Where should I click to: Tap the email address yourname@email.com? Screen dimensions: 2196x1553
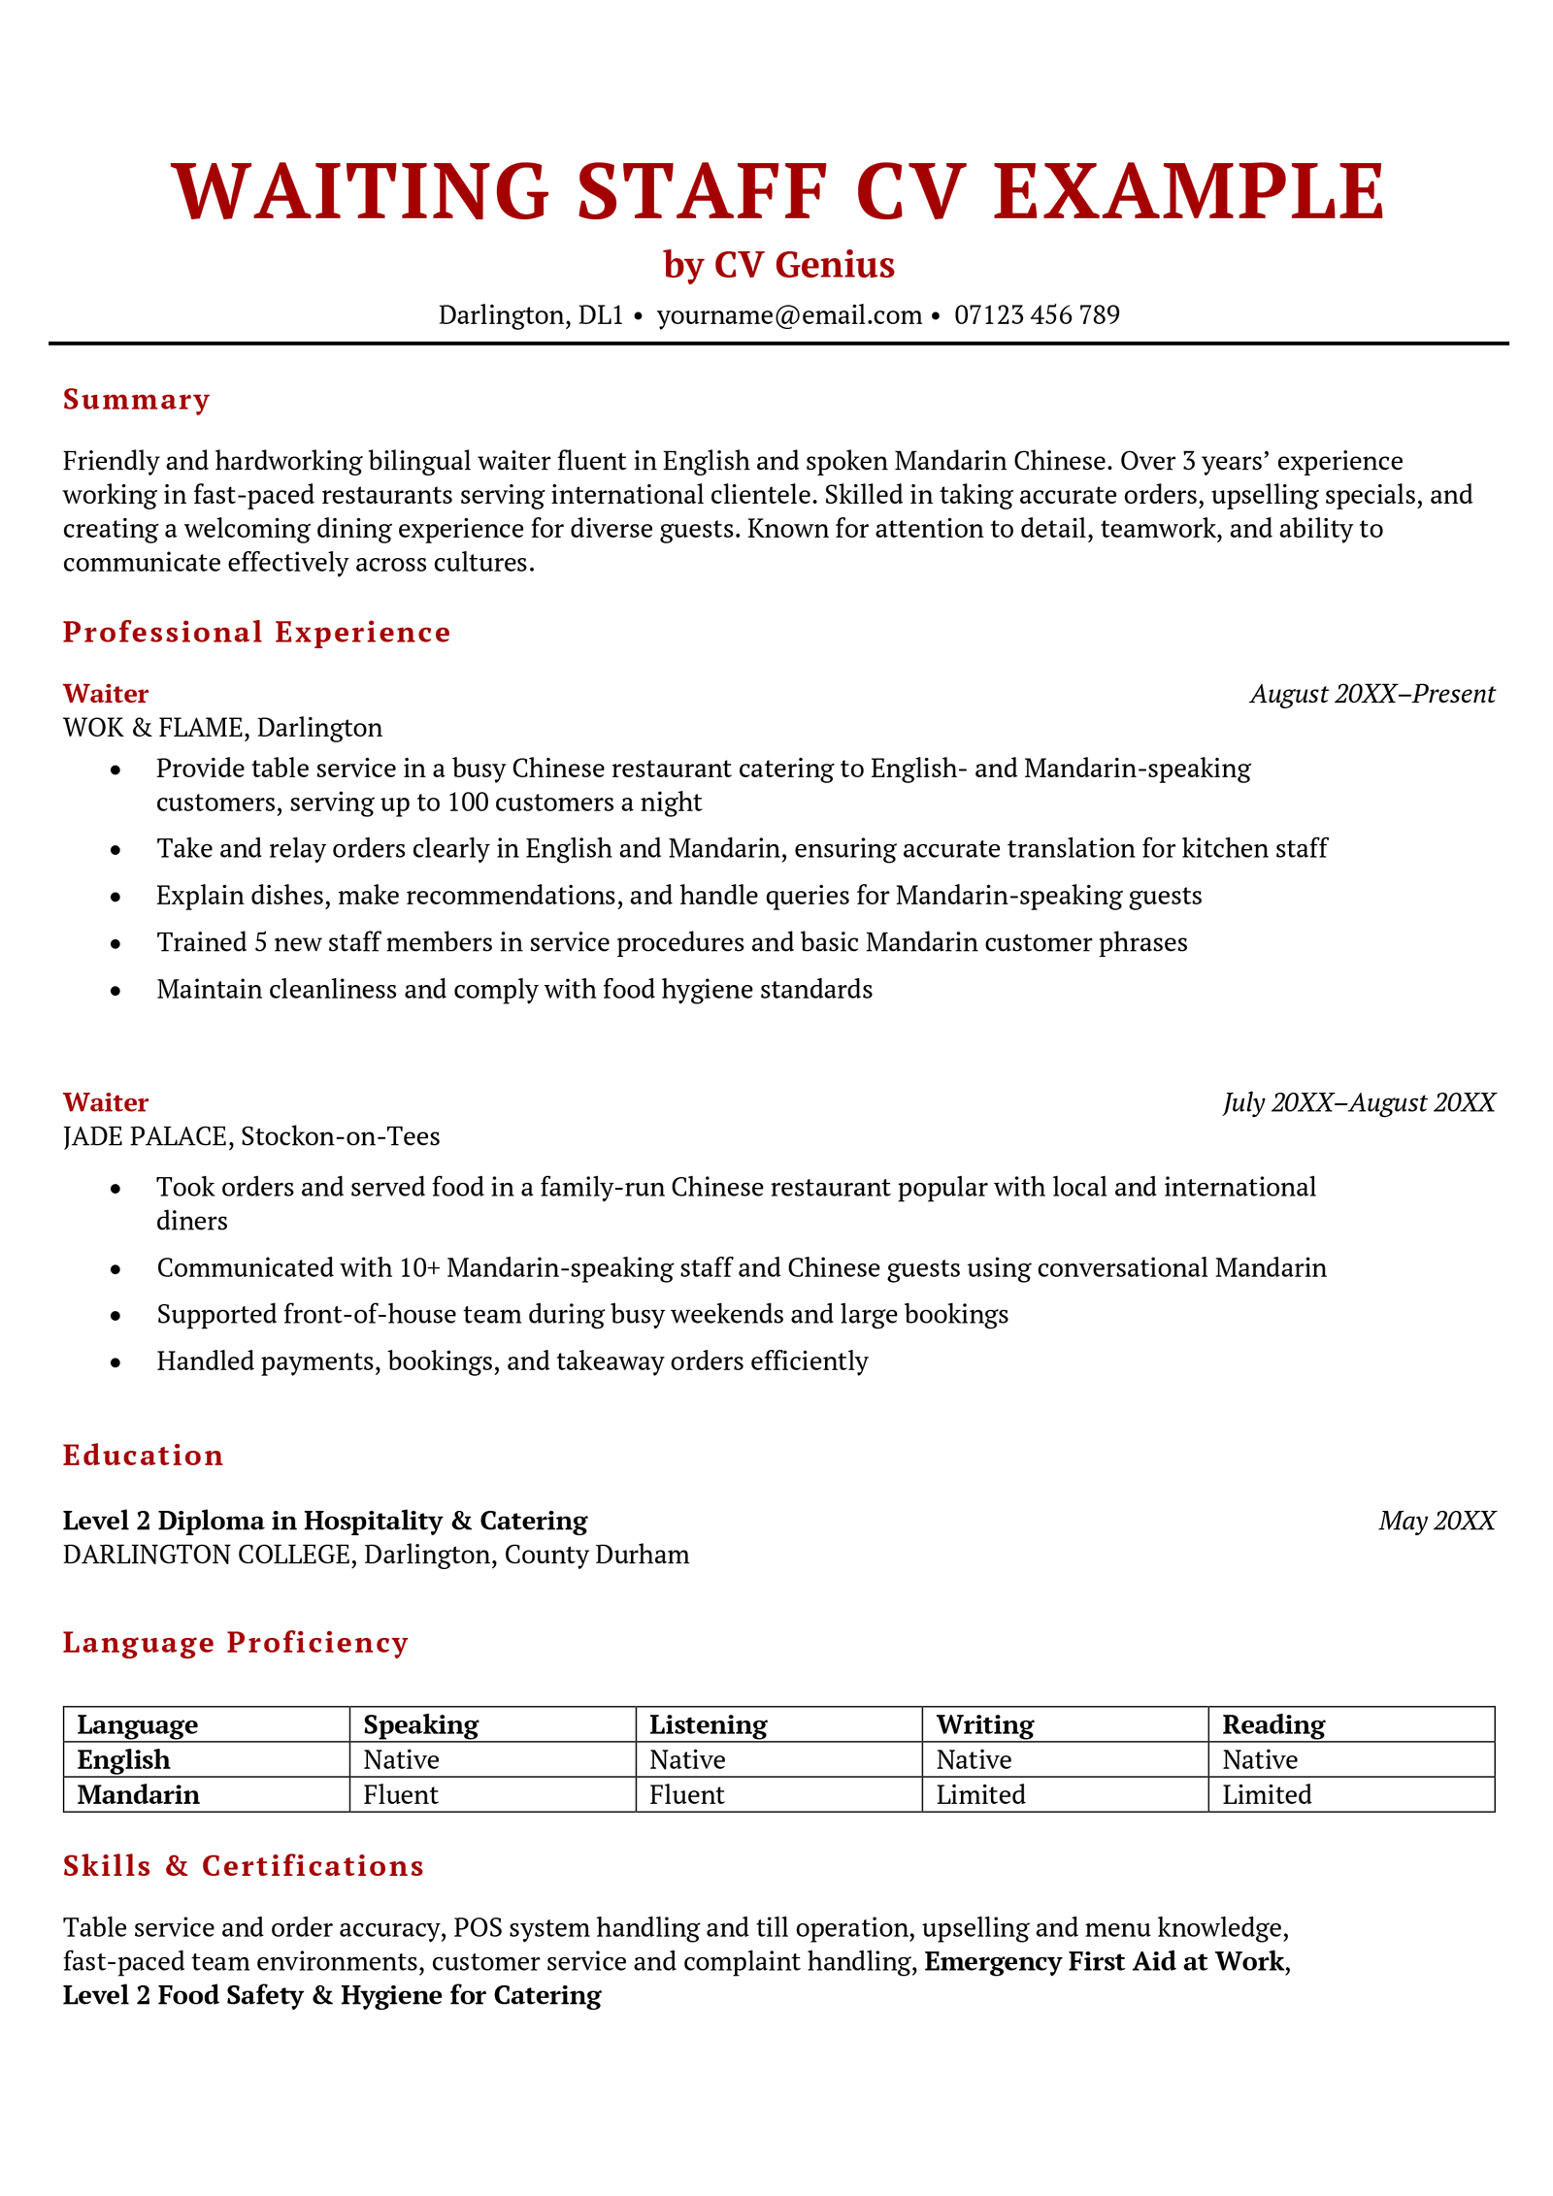[x=788, y=315]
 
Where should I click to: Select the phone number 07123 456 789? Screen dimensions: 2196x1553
[x=1036, y=315]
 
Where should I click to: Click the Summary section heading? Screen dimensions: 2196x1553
[x=136, y=400]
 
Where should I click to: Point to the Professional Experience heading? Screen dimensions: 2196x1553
[x=256, y=632]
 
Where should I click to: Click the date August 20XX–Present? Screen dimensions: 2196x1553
[x=1371, y=694]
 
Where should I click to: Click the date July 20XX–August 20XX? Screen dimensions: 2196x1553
[x=1358, y=1102]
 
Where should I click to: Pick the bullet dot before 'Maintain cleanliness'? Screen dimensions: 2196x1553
[x=116, y=991]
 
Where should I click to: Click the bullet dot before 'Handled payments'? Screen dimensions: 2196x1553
[x=116, y=1362]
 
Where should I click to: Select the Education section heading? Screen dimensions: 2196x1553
[x=143, y=1455]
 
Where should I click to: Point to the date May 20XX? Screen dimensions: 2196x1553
[x=1436, y=1521]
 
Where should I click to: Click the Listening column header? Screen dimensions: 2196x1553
[x=708, y=1724]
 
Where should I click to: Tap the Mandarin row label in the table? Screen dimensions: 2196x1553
[x=138, y=1795]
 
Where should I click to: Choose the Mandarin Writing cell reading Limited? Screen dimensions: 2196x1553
[x=979, y=1795]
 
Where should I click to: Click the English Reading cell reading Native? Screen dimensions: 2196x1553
[x=1259, y=1760]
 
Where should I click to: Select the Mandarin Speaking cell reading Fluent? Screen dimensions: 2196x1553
[x=400, y=1795]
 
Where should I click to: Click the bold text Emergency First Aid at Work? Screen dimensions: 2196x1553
[x=1104, y=1961]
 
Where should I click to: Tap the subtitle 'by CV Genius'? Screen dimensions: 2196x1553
[x=778, y=265]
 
